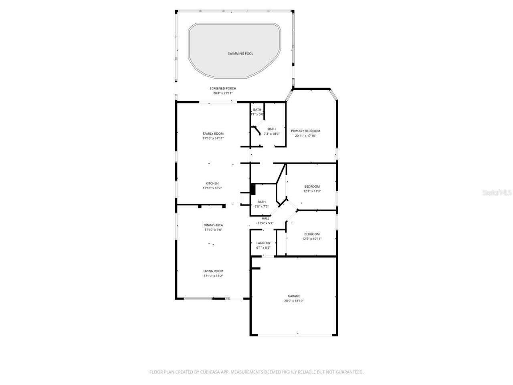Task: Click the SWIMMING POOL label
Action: pyautogui.click(x=240, y=53)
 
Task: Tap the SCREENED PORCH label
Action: pyautogui.click(x=223, y=88)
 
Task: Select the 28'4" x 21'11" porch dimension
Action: pyautogui.click(x=223, y=93)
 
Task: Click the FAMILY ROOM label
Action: pyautogui.click(x=213, y=134)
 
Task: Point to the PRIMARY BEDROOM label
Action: pyautogui.click(x=305, y=131)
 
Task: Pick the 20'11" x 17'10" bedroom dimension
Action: pyautogui.click(x=305, y=136)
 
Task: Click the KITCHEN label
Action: pyautogui.click(x=212, y=183)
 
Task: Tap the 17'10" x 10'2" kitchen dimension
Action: pyautogui.click(x=212, y=188)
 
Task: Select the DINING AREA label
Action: pyautogui.click(x=213, y=225)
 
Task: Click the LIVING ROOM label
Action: pyautogui.click(x=213, y=271)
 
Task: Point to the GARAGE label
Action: pyautogui.click(x=294, y=296)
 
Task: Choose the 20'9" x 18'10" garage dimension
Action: pyautogui.click(x=294, y=301)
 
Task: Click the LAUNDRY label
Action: pyautogui.click(x=263, y=243)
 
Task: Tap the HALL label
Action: pyautogui.click(x=265, y=218)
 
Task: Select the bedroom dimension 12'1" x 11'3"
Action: pyautogui.click(x=312, y=191)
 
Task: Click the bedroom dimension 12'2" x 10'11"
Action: pyautogui.click(x=312, y=239)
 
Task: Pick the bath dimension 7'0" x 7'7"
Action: pyautogui.click(x=261, y=207)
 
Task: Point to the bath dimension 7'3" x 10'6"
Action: pyautogui.click(x=271, y=134)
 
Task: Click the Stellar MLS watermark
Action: pyautogui.click(x=497, y=192)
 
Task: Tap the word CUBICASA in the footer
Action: pyautogui.click(x=211, y=372)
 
